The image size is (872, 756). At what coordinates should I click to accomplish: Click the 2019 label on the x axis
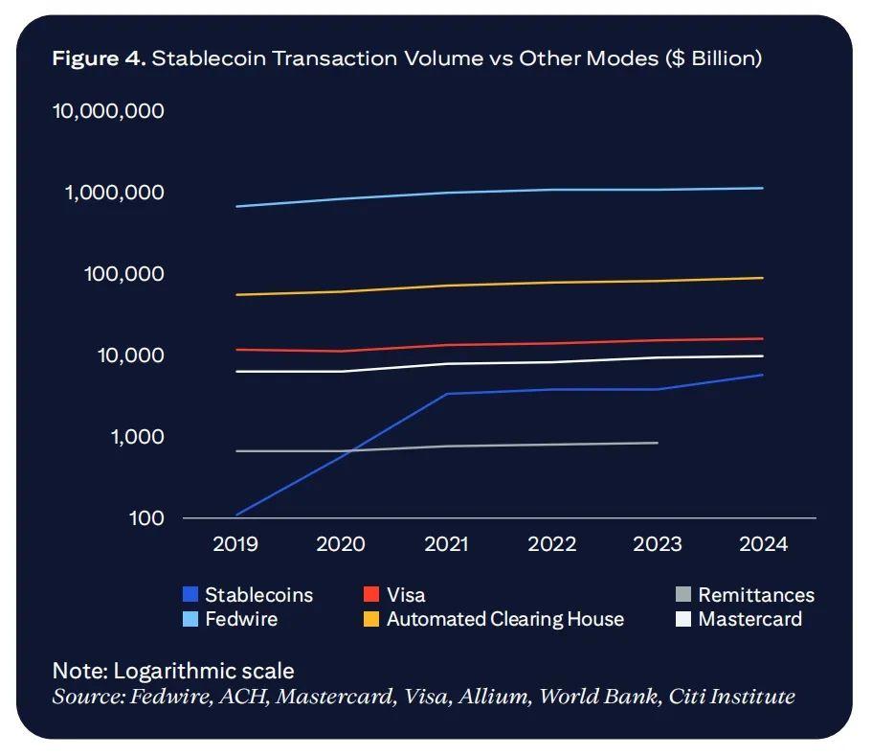[x=235, y=544]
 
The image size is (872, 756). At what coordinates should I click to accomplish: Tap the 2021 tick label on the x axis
[x=446, y=544]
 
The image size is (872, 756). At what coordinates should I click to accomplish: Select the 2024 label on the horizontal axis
[x=763, y=544]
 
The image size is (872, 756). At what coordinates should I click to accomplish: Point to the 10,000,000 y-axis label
[x=109, y=111]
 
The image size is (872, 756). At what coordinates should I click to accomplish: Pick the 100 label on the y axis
[x=148, y=518]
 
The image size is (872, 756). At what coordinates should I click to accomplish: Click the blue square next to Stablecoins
[x=190, y=596]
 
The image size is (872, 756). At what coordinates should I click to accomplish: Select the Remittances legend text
[x=755, y=596]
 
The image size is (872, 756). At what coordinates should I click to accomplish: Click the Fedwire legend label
[x=241, y=619]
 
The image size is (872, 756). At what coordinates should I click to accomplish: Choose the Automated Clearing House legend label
[x=504, y=619]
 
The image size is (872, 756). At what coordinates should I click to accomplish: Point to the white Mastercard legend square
[x=682, y=619]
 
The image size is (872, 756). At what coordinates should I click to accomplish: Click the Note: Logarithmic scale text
[x=173, y=671]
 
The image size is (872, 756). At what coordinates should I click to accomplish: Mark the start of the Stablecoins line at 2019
[x=235, y=515]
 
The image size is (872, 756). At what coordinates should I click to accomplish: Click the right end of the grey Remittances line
[x=658, y=443]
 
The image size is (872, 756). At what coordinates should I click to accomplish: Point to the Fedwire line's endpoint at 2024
[x=762, y=188]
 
